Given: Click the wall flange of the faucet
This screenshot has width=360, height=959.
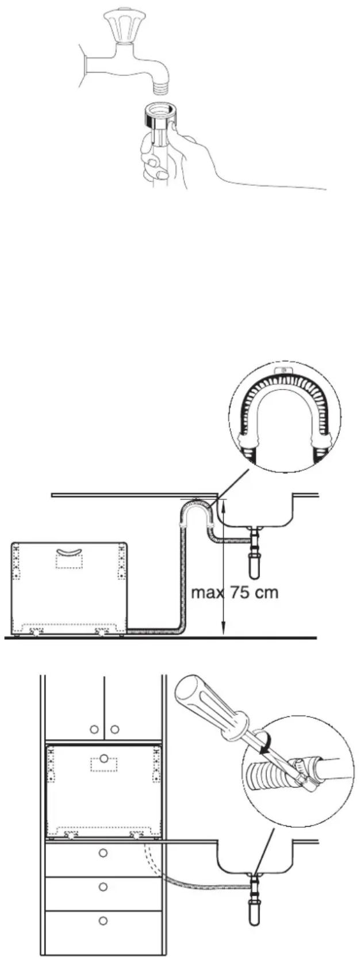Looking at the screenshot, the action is tap(87, 64).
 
